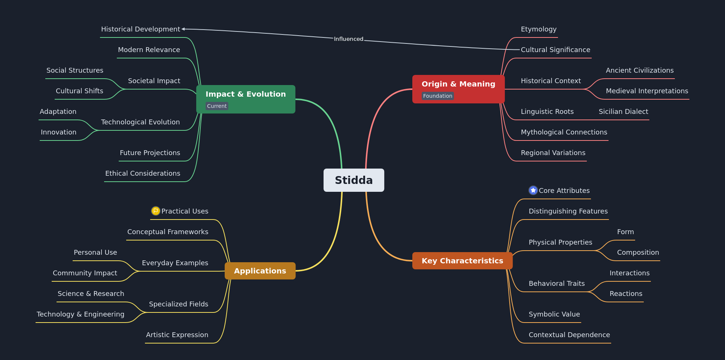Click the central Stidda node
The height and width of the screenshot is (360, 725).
click(354, 180)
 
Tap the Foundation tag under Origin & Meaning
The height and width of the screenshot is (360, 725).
click(437, 96)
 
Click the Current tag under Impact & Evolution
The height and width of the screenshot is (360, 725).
click(216, 106)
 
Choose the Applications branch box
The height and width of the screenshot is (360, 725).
click(260, 271)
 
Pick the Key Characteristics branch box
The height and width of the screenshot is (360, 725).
click(462, 261)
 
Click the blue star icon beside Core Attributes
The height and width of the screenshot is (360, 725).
click(533, 190)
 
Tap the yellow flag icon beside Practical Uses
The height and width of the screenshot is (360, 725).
click(155, 211)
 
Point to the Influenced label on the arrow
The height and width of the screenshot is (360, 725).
click(348, 39)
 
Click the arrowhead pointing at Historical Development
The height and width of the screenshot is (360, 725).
click(183, 29)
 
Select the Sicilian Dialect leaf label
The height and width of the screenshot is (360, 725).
click(623, 112)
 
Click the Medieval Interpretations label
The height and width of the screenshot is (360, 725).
click(647, 91)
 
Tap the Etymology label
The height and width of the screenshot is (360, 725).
click(539, 29)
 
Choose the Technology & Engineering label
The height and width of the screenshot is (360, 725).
click(81, 314)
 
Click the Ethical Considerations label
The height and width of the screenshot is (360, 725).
click(143, 173)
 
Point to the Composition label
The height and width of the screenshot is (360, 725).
click(638, 252)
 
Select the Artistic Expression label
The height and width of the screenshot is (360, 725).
click(177, 335)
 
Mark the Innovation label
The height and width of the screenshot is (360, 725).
click(58, 132)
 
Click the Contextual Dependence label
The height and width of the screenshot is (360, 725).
click(569, 335)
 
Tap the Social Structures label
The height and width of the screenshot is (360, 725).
click(75, 70)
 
